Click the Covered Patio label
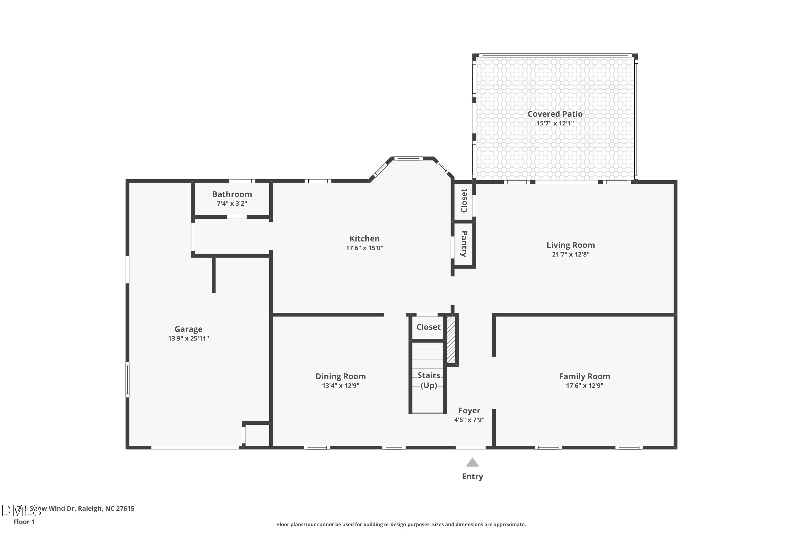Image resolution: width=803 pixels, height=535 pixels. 555,114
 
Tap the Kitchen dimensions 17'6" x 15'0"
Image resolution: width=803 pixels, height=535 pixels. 364,248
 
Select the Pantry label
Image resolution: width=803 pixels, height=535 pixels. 464,244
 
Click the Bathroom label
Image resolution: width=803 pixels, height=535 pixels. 232,194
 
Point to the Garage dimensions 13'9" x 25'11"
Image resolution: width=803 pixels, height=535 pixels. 188,338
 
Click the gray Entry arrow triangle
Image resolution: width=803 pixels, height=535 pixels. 472,463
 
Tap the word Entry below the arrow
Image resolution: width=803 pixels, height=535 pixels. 472,477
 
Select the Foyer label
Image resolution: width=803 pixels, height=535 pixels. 469,410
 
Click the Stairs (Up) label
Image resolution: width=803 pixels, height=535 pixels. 429,380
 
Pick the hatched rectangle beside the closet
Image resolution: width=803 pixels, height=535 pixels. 451,340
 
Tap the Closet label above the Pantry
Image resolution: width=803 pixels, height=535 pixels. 464,201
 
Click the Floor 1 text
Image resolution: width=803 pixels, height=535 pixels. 24,522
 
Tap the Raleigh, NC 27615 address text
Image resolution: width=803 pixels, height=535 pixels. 106,509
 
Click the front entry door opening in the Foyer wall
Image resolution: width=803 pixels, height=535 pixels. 471,447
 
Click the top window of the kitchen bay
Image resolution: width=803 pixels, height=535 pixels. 408,158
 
